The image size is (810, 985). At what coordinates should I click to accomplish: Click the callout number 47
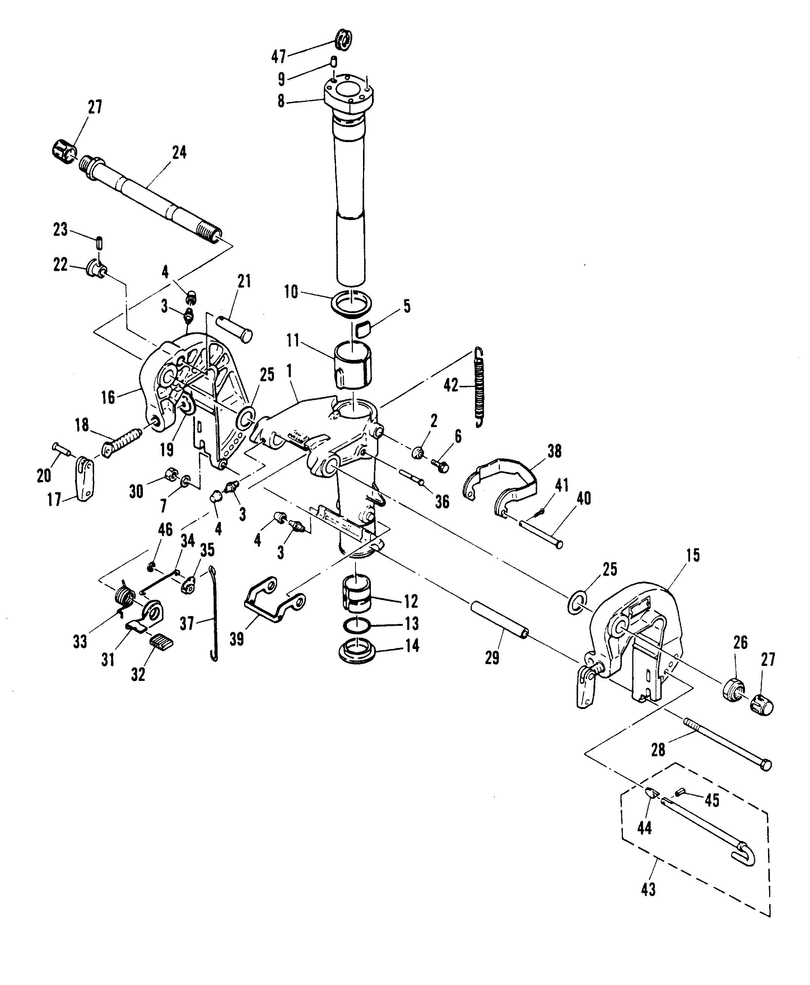279,57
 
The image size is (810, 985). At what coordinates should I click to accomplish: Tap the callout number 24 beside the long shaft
179,152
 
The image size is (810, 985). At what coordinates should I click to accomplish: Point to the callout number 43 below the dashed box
648,889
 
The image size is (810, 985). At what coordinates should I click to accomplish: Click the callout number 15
693,555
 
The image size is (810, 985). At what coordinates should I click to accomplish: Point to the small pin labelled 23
99,243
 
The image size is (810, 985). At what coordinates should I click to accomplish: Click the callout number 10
291,292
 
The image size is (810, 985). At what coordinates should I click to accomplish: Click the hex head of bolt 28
766,765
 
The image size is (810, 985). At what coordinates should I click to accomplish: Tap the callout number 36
442,502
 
